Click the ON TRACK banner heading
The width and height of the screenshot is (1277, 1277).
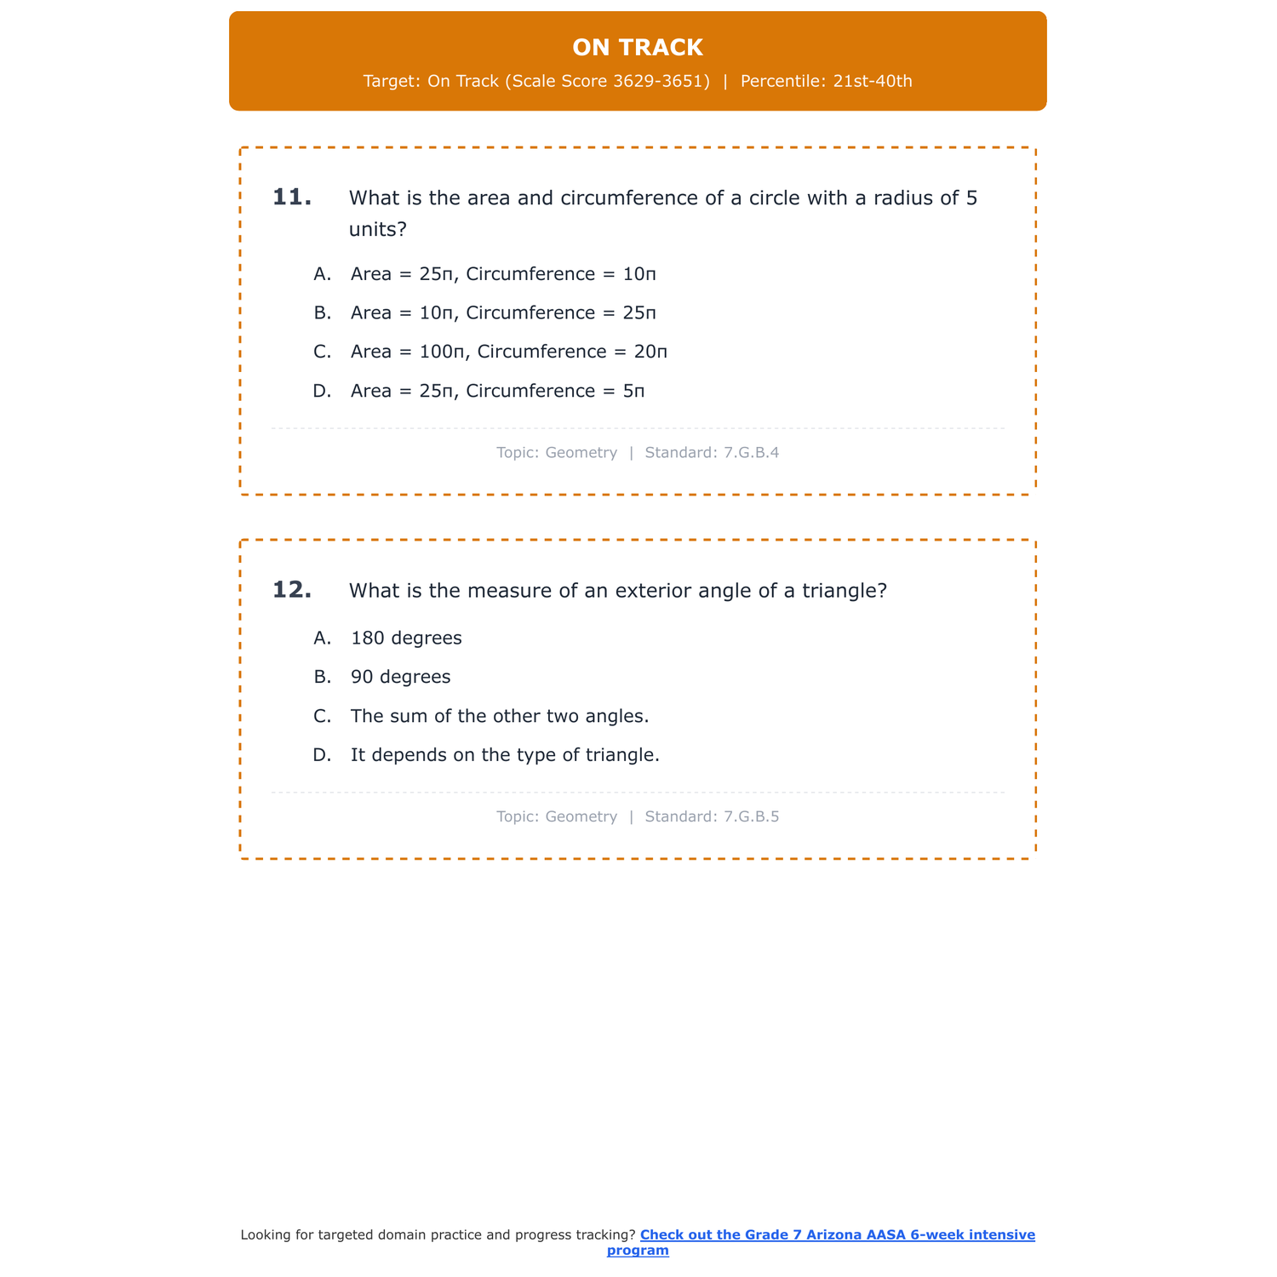click(x=638, y=48)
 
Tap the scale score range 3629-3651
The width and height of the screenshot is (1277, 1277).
click(x=661, y=82)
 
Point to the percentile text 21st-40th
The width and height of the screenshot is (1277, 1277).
click(x=873, y=82)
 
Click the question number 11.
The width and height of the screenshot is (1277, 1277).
click(x=291, y=198)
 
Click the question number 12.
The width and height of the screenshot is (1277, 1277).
click(x=291, y=590)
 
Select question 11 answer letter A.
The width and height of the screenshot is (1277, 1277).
click(x=322, y=274)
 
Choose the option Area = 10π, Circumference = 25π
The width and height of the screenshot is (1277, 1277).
click(x=503, y=313)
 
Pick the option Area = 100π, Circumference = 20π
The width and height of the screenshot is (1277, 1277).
click(x=508, y=352)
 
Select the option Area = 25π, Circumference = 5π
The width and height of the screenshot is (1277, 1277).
click(x=497, y=392)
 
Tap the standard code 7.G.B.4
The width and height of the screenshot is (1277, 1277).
click(x=751, y=453)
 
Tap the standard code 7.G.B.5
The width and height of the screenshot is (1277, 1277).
click(x=751, y=817)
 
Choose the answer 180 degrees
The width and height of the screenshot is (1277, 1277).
click(x=406, y=638)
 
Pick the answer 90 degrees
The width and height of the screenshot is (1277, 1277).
click(x=400, y=678)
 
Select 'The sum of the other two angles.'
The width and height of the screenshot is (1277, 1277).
click(x=500, y=717)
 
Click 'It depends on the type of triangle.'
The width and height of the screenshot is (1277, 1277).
click(x=505, y=756)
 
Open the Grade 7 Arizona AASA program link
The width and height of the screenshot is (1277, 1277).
click(x=837, y=1235)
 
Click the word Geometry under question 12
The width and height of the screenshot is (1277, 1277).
click(x=581, y=817)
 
